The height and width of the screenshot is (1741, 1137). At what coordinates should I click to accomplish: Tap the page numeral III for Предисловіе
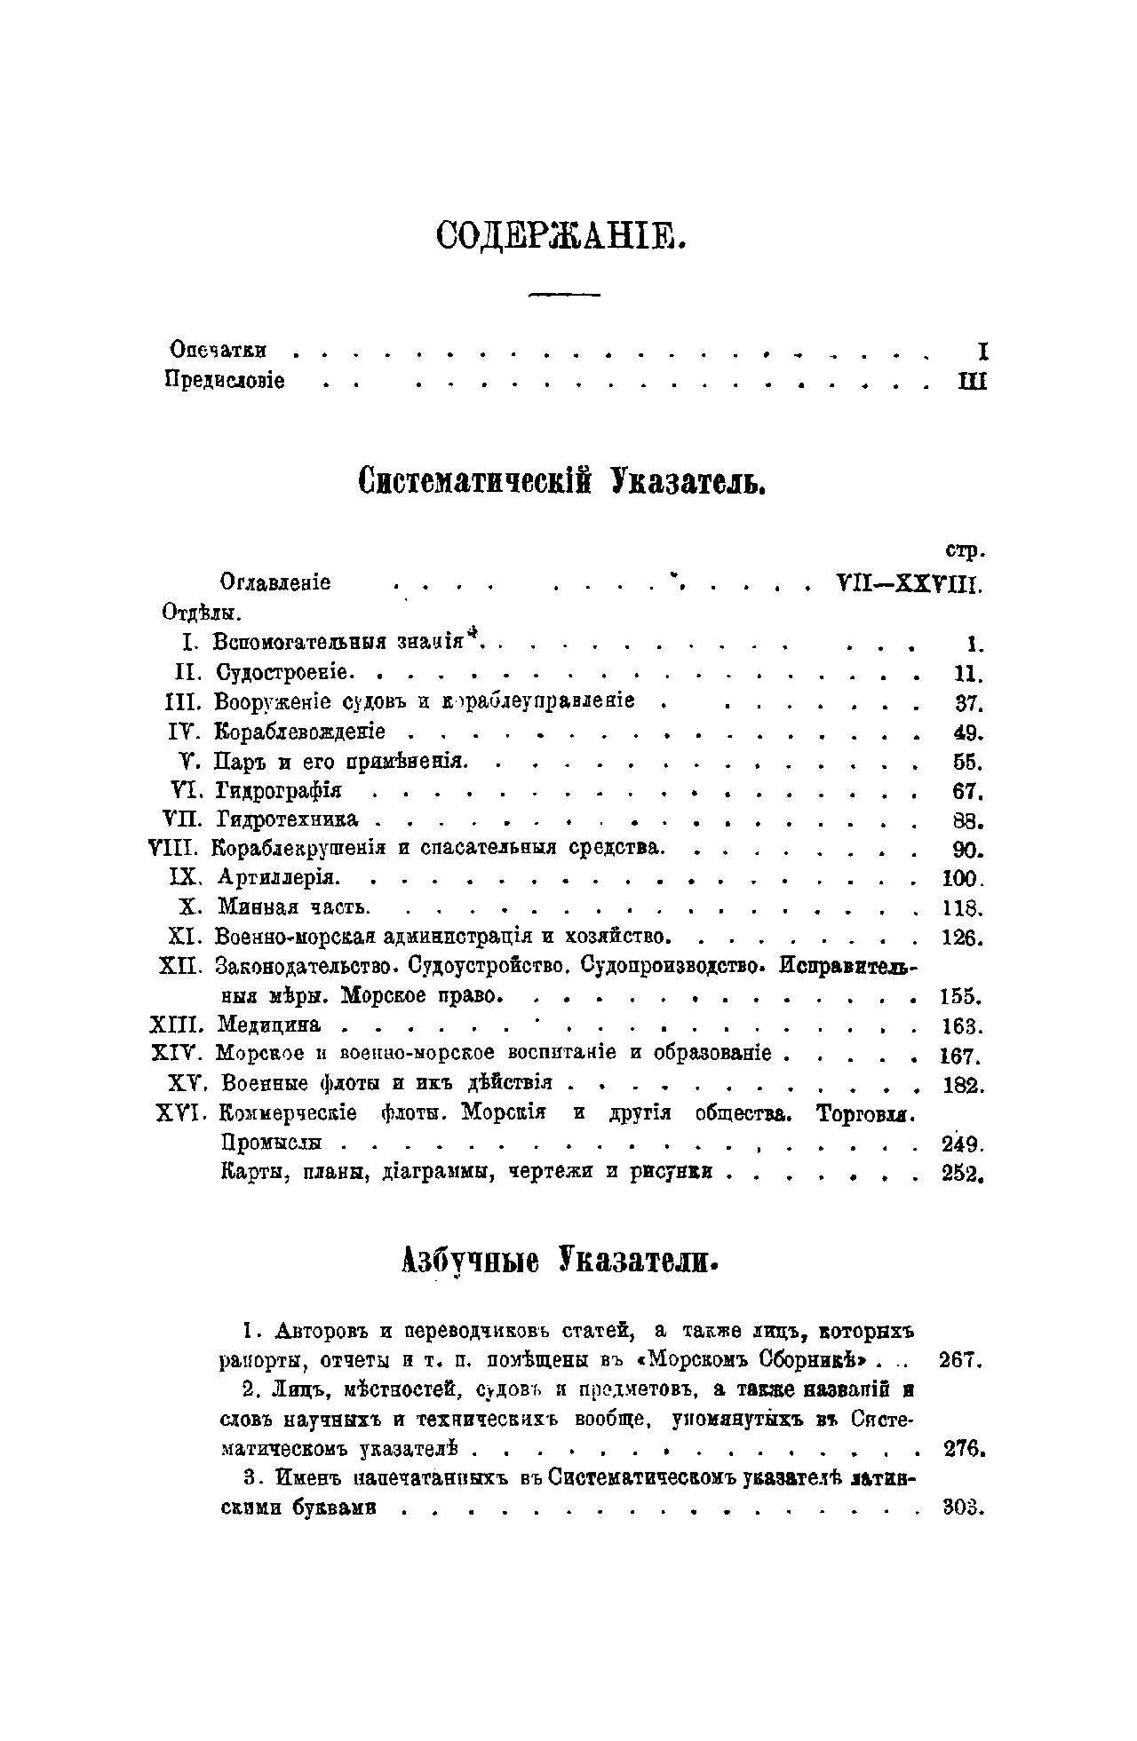coord(972,381)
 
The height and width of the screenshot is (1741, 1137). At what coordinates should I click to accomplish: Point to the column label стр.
coord(966,551)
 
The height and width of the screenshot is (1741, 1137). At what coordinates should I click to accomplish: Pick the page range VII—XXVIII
coord(907,583)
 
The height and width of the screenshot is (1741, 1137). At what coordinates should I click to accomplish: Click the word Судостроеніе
coord(274,671)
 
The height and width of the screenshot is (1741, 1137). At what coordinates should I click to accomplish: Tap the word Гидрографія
coord(280,790)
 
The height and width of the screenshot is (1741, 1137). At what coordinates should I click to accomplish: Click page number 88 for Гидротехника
coord(960,819)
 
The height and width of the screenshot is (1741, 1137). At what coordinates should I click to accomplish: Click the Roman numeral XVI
coord(181,1112)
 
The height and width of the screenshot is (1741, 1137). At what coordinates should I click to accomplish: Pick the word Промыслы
coord(271,1143)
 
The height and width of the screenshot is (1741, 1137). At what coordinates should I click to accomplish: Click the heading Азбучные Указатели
coord(561,1260)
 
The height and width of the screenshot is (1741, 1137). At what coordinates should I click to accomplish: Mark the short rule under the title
coord(564,294)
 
